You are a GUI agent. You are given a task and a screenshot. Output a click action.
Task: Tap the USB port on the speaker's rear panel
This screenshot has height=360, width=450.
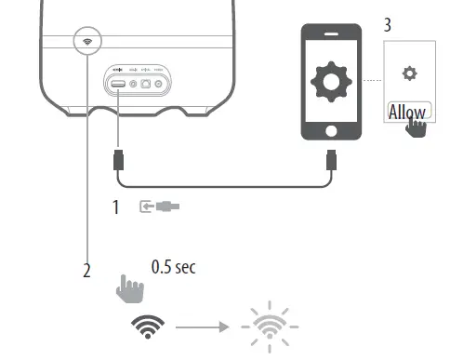[119, 84]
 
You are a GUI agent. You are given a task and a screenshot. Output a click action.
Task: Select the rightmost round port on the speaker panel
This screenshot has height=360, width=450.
[164, 84]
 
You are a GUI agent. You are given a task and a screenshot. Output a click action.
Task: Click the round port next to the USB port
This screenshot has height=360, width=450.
[135, 84]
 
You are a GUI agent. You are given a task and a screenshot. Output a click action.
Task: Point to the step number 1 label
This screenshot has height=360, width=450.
[116, 207]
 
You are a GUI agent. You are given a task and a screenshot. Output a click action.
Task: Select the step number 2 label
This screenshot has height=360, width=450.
[86, 272]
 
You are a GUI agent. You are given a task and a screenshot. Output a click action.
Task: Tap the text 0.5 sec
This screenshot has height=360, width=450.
[173, 268]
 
